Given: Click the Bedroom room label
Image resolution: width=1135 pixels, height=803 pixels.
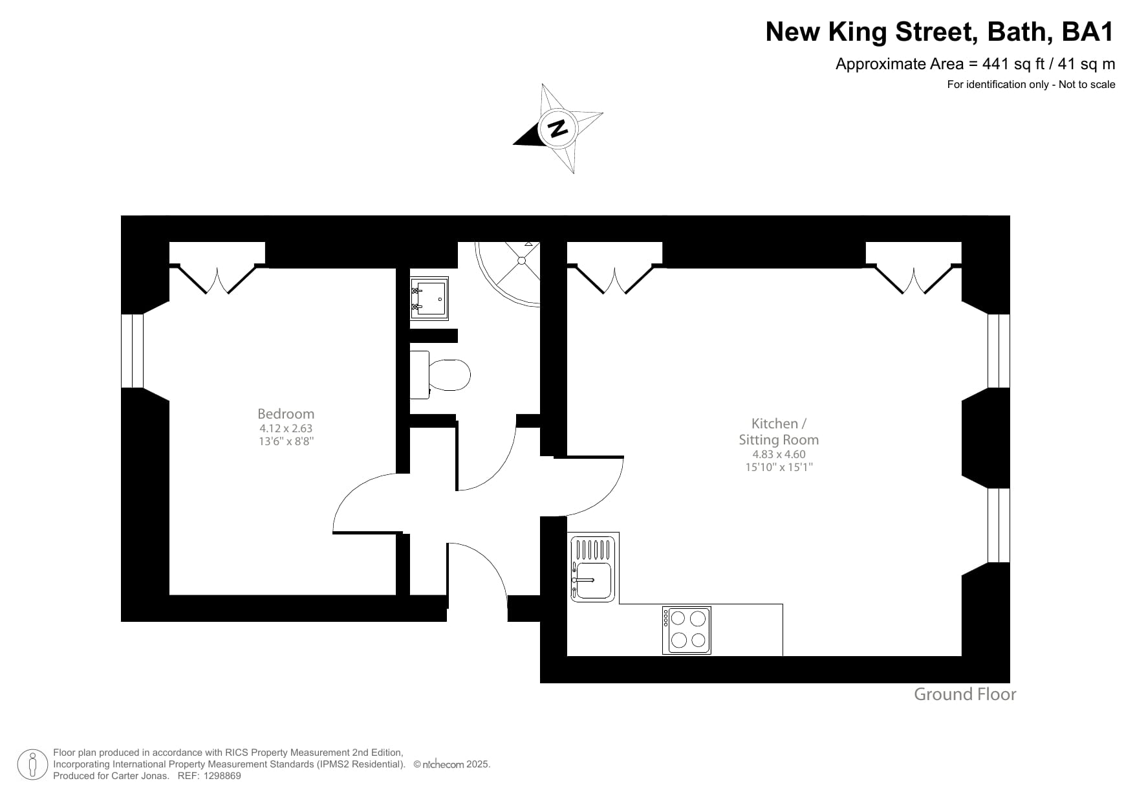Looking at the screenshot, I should [285, 413].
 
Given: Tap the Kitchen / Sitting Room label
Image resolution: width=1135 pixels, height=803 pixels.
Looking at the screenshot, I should [779, 432].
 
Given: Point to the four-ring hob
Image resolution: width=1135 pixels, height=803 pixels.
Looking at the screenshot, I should [687, 630].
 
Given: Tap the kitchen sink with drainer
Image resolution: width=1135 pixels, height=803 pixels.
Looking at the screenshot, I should [593, 567].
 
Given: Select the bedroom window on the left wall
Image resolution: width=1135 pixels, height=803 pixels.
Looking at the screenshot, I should [133, 351].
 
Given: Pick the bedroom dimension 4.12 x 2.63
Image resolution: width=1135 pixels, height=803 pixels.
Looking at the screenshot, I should [285, 428].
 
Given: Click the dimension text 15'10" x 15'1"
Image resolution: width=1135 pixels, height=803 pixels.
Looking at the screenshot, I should [779, 467].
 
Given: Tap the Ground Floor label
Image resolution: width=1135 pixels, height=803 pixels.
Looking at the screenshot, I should [964, 694].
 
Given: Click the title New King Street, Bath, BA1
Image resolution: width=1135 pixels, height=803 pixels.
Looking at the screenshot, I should [939, 32].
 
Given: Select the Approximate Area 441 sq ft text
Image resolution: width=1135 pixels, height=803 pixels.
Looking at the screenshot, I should [975, 64].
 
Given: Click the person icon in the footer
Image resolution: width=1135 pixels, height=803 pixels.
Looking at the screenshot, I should [32, 765].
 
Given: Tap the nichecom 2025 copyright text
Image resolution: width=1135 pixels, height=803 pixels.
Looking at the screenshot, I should [456, 764].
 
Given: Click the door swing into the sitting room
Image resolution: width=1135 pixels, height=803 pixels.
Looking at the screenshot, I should [592, 485].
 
